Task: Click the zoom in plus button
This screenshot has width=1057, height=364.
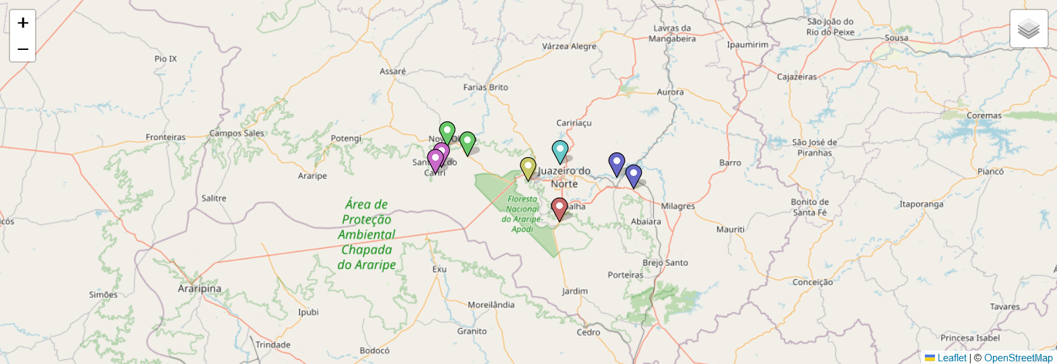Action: tap(22, 23)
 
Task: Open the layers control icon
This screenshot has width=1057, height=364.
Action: tap(1029, 29)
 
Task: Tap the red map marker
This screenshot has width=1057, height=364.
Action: tap(559, 208)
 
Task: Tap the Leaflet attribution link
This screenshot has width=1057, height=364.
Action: tap(951, 358)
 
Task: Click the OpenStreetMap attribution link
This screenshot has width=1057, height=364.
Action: tap(1018, 358)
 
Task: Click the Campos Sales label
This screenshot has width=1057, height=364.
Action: tap(237, 133)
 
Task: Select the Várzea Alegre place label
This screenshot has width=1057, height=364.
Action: tap(570, 47)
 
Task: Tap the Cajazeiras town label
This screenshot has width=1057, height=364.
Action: tap(797, 77)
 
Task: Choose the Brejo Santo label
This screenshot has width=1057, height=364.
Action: tap(665, 262)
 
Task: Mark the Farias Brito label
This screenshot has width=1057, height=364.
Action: tap(485, 87)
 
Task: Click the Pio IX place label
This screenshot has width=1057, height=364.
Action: tap(165, 59)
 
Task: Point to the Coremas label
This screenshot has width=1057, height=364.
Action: tap(984, 115)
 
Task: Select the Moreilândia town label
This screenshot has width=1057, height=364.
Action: tap(491, 305)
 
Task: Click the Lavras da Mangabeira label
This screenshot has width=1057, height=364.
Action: tap(672, 33)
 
